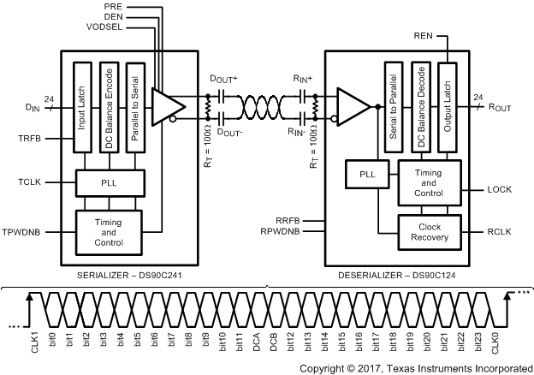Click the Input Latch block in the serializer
pyautogui.click(x=82, y=107)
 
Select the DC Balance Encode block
pyautogui.click(x=109, y=107)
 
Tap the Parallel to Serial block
pyautogui.click(x=133, y=107)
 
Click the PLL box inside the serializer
pyautogui.click(x=109, y=182)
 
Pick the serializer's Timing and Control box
pyautogui.click(x=109, y=231)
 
